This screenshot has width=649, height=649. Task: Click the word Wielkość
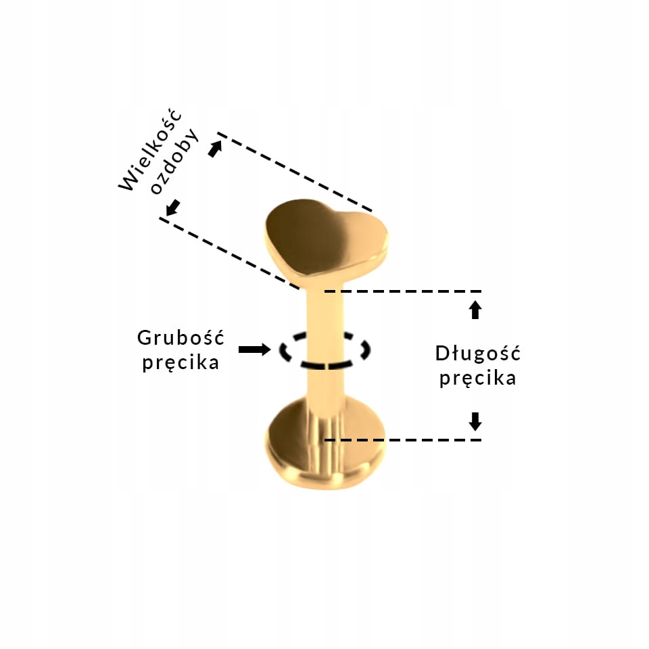150,150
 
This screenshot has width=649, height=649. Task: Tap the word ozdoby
174,162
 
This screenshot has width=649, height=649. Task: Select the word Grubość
181,337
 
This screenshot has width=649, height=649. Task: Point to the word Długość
478,353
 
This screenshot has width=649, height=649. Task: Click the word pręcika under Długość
478,378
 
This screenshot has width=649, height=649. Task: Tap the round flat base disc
326,443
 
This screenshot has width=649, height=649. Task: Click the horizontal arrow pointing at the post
254,350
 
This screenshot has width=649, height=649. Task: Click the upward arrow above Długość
475,310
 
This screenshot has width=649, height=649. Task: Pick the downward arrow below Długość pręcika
475,421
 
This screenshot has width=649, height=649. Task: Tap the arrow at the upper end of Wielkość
215,149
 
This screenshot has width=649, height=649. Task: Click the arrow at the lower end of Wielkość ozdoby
173,208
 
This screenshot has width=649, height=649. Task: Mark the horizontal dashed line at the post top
403,291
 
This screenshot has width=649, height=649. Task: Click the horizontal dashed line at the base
403,440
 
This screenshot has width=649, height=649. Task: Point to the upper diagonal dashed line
295,172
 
